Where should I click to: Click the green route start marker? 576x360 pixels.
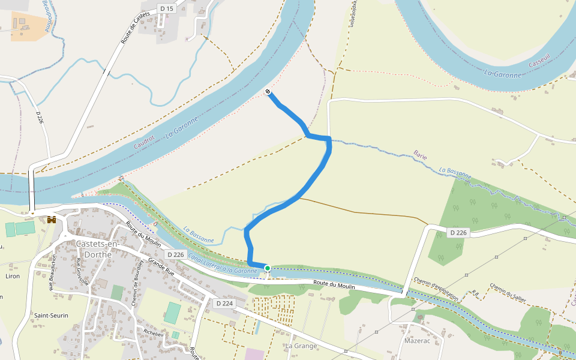267,268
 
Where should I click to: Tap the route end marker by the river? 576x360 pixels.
268,92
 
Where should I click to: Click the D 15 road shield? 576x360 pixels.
166,8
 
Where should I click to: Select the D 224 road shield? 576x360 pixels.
223,304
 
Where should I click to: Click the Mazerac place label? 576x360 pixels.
419,340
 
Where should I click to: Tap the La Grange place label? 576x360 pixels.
301,346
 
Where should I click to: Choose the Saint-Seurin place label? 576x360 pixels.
51,316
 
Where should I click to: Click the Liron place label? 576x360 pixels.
12,276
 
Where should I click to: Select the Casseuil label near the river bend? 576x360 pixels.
539,62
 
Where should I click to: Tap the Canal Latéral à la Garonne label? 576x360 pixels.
223,264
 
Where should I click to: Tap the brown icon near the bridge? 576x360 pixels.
52,220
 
